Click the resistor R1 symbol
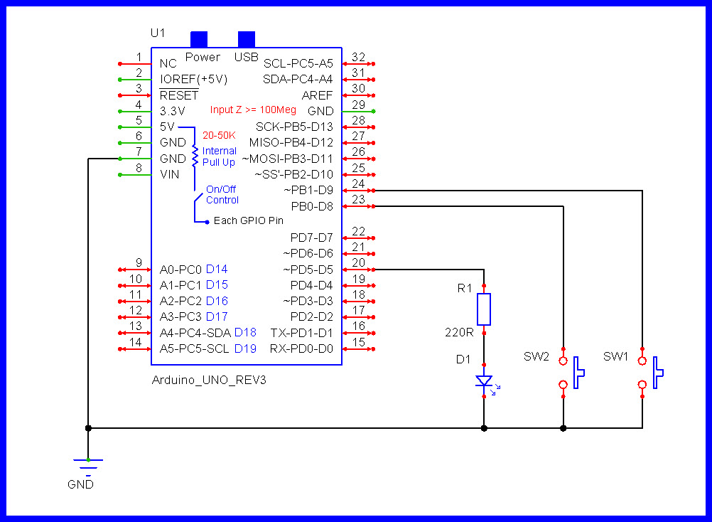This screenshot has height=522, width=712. point(484,309)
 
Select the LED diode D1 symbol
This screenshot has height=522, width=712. point(484,383)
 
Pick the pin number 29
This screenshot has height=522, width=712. point(358,105)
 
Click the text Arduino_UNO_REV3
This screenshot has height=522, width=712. point(209,380)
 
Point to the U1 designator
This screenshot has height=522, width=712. point(158,33)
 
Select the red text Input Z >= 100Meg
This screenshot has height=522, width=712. point(253,110)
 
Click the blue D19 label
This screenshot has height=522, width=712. point(245,348)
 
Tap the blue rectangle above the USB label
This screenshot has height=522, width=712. point(247,39)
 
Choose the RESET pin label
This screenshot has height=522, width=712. point(179,95)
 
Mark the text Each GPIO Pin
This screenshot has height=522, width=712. point(248,221)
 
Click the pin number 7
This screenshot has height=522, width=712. point(139,152)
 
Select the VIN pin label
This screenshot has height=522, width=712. point(170,174)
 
